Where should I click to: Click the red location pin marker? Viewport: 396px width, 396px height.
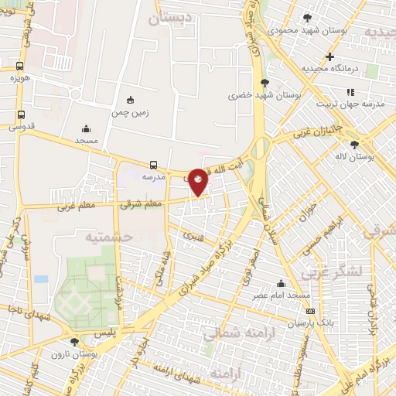[x=199, y=181]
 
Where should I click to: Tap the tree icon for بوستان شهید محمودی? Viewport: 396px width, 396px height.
[x=308, y=17]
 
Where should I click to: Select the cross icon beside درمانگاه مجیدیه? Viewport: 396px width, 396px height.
[x=330, y=56]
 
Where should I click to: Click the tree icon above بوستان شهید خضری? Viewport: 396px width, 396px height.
[x=265, y=83]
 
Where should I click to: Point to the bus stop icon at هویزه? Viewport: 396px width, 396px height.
[x=19, y=66]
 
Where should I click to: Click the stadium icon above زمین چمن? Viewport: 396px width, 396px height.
[x=130, y=100]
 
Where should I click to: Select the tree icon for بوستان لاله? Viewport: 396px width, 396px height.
[x=354, y=143]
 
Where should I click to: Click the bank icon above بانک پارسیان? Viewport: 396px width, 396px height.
[x=311, y=311]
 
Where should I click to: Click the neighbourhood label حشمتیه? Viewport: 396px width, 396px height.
[x=108, y=235]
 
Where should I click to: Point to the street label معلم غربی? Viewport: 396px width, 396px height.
[x=76, y=207]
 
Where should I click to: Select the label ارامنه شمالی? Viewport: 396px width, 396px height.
[x=232, y=334]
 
